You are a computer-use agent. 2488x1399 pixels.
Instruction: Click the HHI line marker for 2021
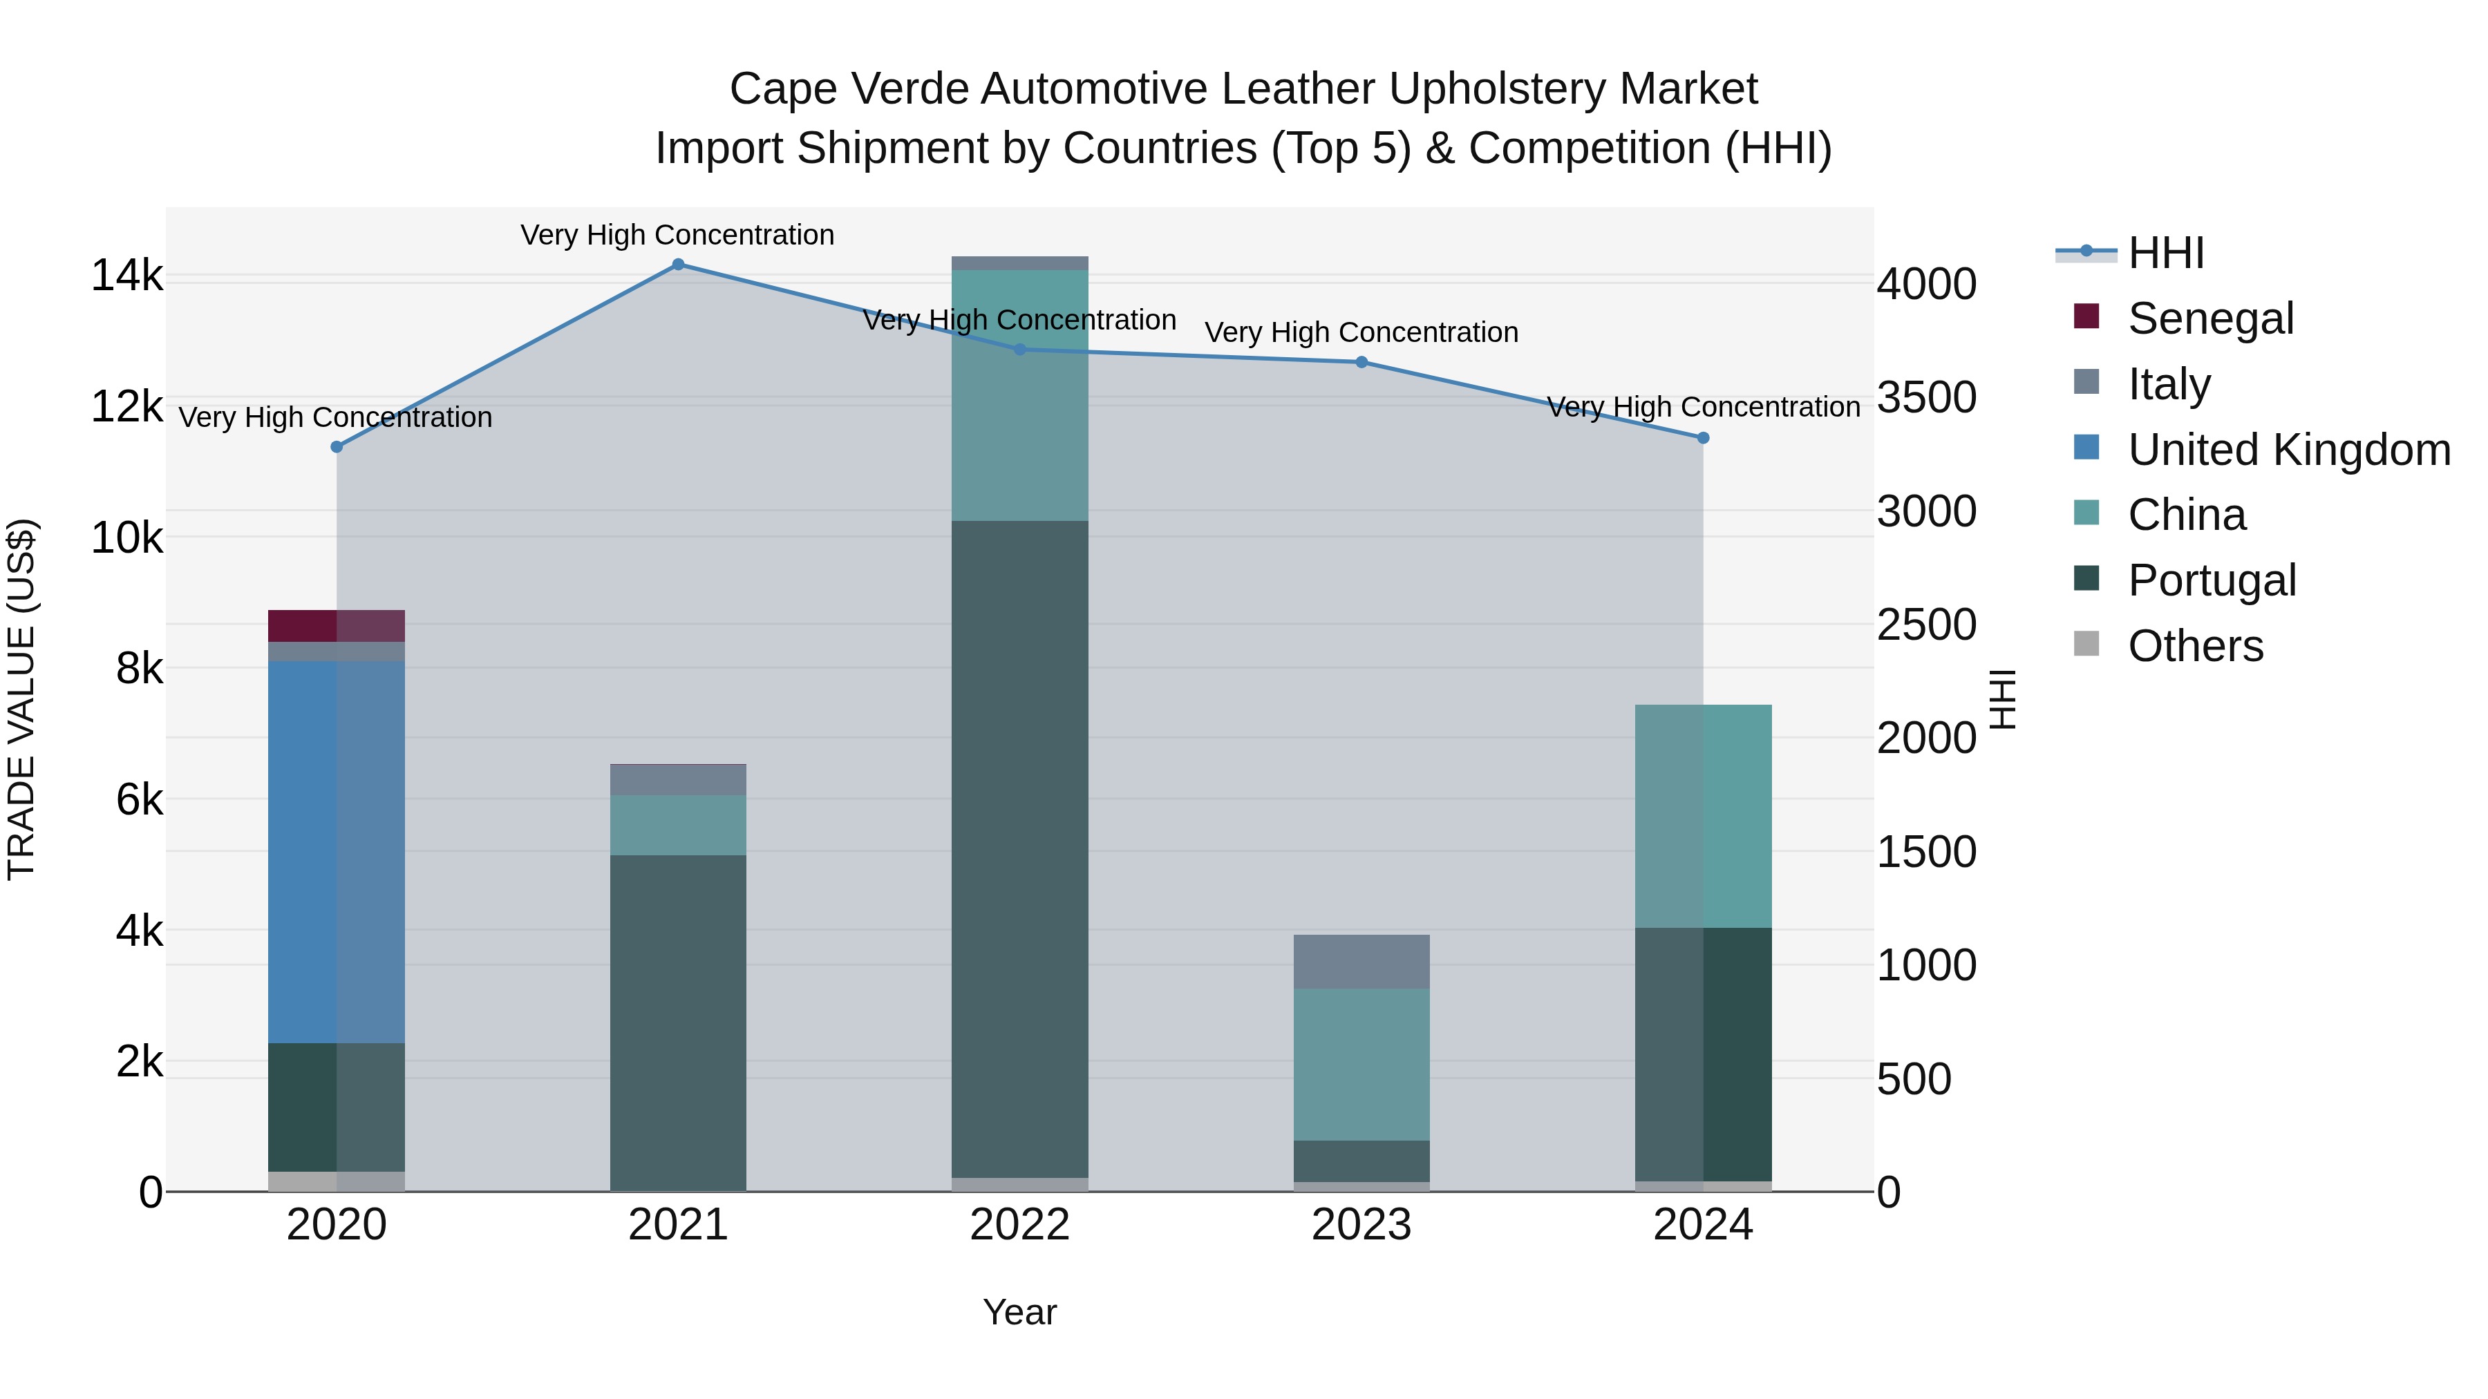pos(678,265)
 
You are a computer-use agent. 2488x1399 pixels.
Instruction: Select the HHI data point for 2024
pos(1704,438)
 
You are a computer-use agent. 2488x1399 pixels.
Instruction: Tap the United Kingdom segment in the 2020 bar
pos(336,850)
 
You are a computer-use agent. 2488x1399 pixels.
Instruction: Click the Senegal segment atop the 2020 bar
pos(336,626)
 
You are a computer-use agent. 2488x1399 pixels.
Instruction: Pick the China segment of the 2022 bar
pos(1020,396)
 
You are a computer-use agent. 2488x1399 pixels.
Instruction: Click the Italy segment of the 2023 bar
pos(1361,962)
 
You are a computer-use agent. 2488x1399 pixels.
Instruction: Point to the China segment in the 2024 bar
pos(1704,817)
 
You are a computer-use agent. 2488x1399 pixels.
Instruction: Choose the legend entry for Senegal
pos(2210,318)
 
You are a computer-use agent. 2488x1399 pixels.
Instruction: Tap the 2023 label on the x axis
pos(1361,1225)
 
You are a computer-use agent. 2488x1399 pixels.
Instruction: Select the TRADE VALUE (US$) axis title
pos(21,699)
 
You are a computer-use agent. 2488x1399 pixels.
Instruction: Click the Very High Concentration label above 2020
pos(335,418)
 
